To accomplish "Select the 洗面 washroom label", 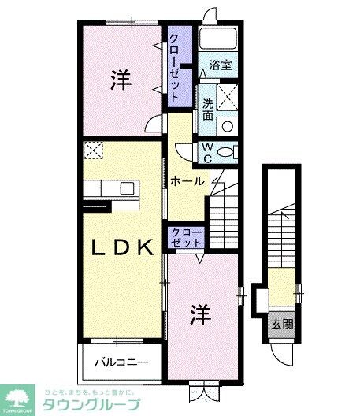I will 207,110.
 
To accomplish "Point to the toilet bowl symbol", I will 227,151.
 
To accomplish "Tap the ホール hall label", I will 187,181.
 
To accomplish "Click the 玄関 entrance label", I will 281,324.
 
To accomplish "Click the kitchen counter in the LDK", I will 109,190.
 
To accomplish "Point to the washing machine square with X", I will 228,96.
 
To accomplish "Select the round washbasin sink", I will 227,124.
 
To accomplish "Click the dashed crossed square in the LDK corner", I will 94,150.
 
